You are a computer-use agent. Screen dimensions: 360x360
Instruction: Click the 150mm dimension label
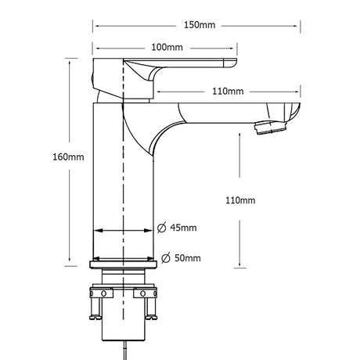200,25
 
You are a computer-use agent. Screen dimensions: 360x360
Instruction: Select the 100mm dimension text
167,47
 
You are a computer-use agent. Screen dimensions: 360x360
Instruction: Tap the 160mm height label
68,157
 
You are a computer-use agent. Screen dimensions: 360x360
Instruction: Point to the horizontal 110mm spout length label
228,92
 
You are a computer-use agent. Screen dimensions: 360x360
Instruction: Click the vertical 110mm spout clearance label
240,200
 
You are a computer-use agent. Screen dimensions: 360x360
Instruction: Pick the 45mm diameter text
183,228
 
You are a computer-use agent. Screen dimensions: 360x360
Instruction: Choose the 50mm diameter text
188,258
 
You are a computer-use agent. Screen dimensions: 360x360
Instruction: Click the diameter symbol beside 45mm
162,228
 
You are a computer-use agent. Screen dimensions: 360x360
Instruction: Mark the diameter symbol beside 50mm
166,258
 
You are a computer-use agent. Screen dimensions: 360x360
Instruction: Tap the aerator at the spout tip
272,127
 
